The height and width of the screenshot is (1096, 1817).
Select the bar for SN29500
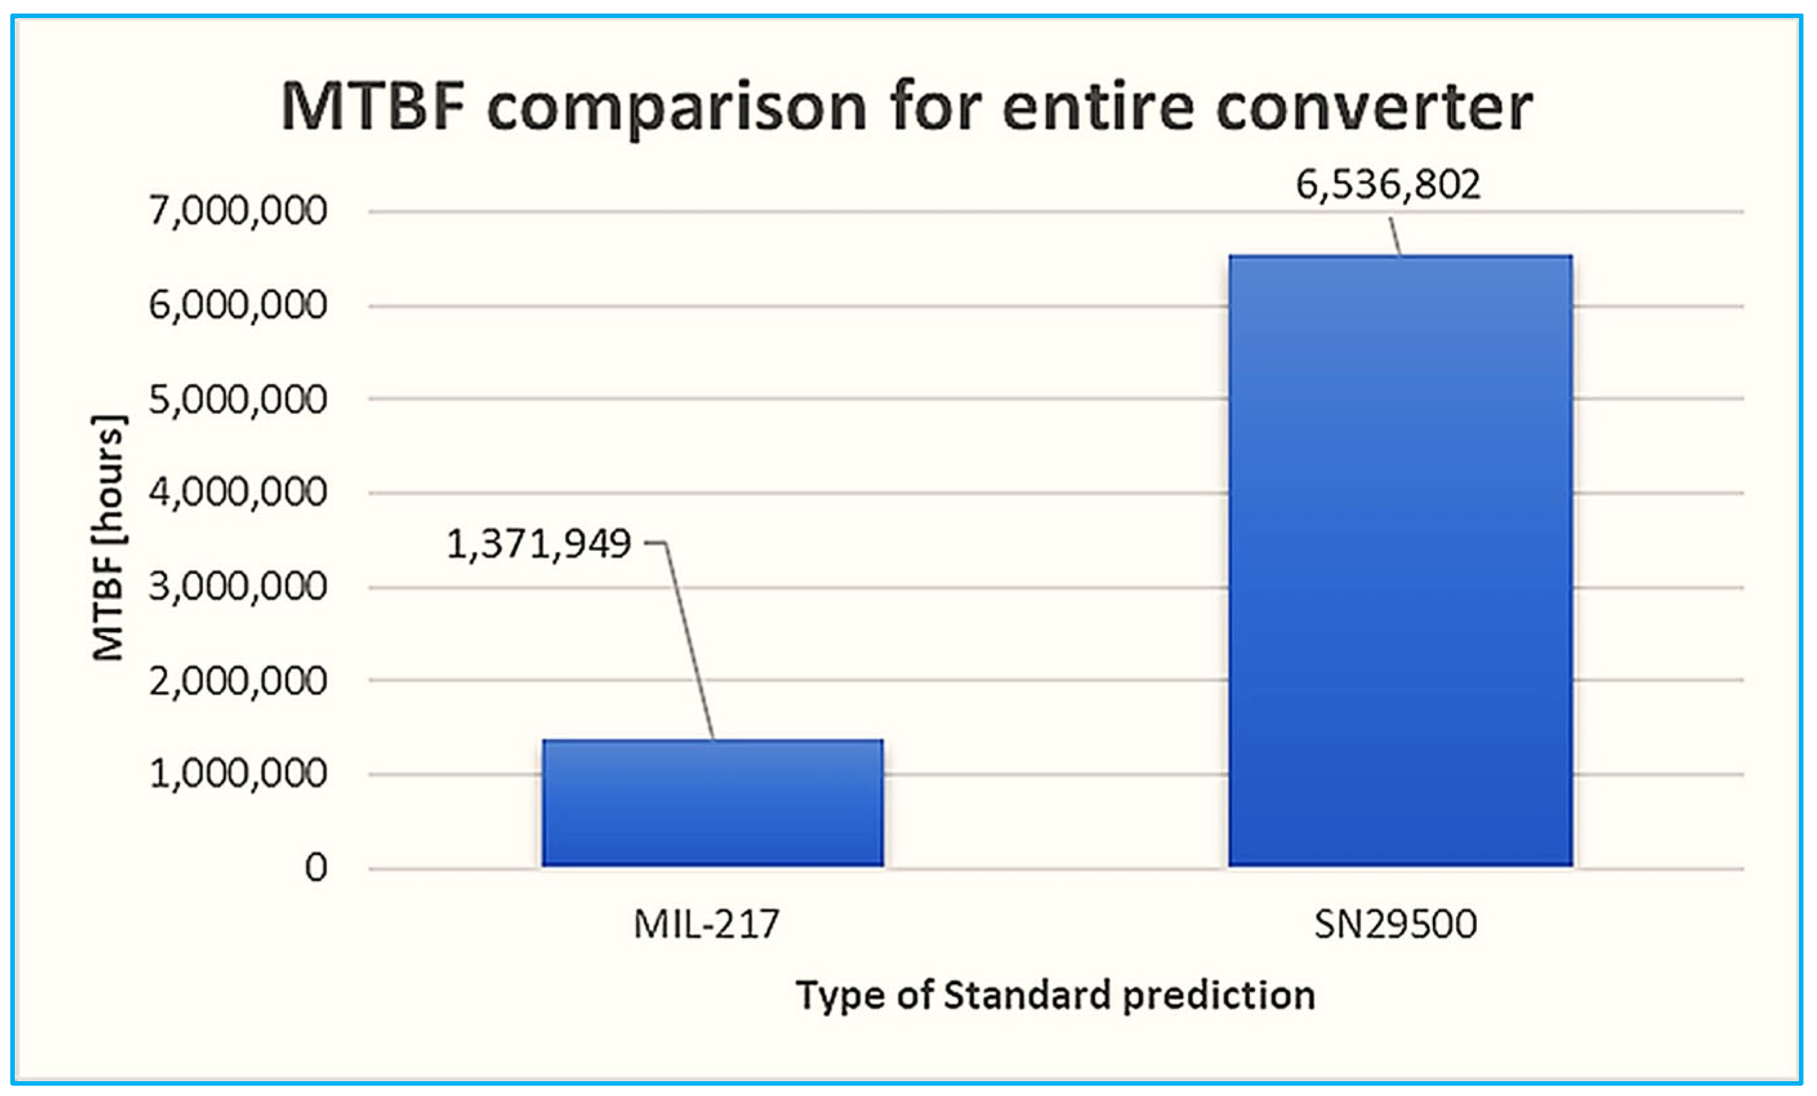tap(1400, 561)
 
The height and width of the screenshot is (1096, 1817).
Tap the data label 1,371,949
tap(539, 544)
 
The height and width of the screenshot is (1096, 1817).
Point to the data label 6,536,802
tap(1388, 184)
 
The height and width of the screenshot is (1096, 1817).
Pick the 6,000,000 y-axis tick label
tap(238, 305)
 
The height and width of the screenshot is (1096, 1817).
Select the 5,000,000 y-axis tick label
tap(238, 399)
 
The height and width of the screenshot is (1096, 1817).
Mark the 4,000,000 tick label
tap(238, 493)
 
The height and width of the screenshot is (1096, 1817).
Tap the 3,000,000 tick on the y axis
tap(238, 587)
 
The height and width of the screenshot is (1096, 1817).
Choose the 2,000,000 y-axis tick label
tap(238, 681)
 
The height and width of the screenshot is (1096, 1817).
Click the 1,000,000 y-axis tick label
tap(238, 774)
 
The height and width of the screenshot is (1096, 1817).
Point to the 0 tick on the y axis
tap(316, 868)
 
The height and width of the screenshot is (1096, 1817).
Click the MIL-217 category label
tap(706, 924)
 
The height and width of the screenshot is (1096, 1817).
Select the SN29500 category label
tap(1395, 924)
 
